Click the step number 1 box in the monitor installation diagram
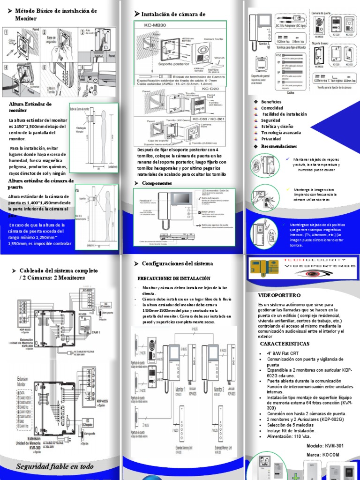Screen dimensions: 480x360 (x=6, y=33)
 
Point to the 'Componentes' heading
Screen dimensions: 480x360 (x=157, y=182)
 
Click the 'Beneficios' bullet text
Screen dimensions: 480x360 (x=271, y=102)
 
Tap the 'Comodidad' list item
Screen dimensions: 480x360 (x=272, y=108)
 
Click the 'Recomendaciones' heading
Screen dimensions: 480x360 (x=279, y=146)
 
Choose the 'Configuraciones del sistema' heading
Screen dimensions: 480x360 (x=177, y=263)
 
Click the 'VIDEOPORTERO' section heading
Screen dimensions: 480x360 (x=279, y=296)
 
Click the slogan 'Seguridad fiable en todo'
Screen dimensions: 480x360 (x=55, y=466)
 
